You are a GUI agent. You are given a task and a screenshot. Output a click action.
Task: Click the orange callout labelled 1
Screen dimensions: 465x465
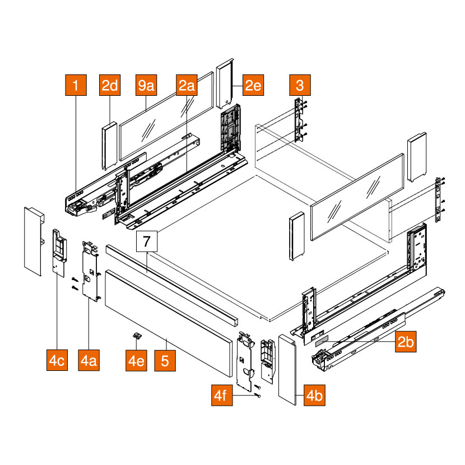point(76,86)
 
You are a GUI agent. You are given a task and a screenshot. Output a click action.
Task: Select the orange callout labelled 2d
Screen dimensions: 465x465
point(110,86)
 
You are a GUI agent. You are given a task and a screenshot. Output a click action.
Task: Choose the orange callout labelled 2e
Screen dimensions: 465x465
point(253,86)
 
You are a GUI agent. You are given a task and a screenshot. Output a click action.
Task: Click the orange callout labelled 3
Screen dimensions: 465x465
point(300,86)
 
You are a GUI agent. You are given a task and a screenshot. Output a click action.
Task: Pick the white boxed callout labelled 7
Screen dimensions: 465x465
point(147,242)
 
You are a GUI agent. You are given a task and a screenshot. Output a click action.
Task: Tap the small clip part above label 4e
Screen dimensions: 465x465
point(136,335)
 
